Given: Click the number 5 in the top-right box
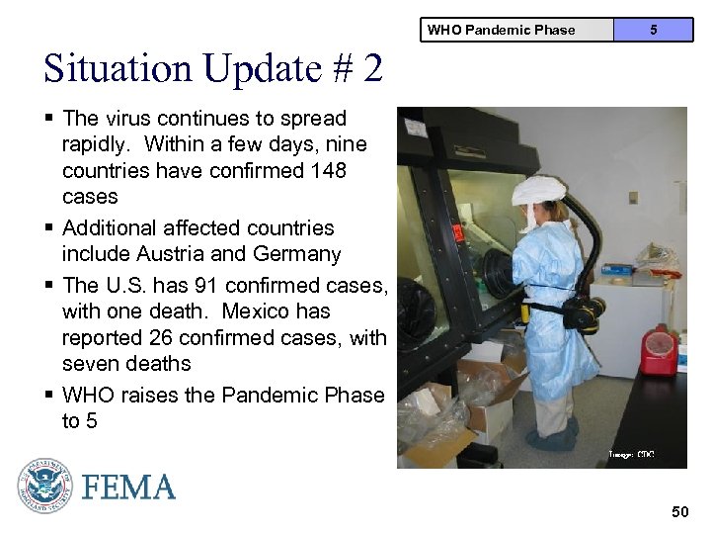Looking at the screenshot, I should click(653, 30).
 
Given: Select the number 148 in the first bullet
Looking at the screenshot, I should click(327, 170).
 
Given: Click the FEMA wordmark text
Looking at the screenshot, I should click(128, 487).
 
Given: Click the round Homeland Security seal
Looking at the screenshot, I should click(44, 486).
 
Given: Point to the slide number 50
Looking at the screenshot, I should click(679, 511).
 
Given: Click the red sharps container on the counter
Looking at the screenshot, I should click(658, 350).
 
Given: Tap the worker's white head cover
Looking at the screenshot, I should click(537, 189).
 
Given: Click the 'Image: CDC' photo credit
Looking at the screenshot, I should click(631, 454).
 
